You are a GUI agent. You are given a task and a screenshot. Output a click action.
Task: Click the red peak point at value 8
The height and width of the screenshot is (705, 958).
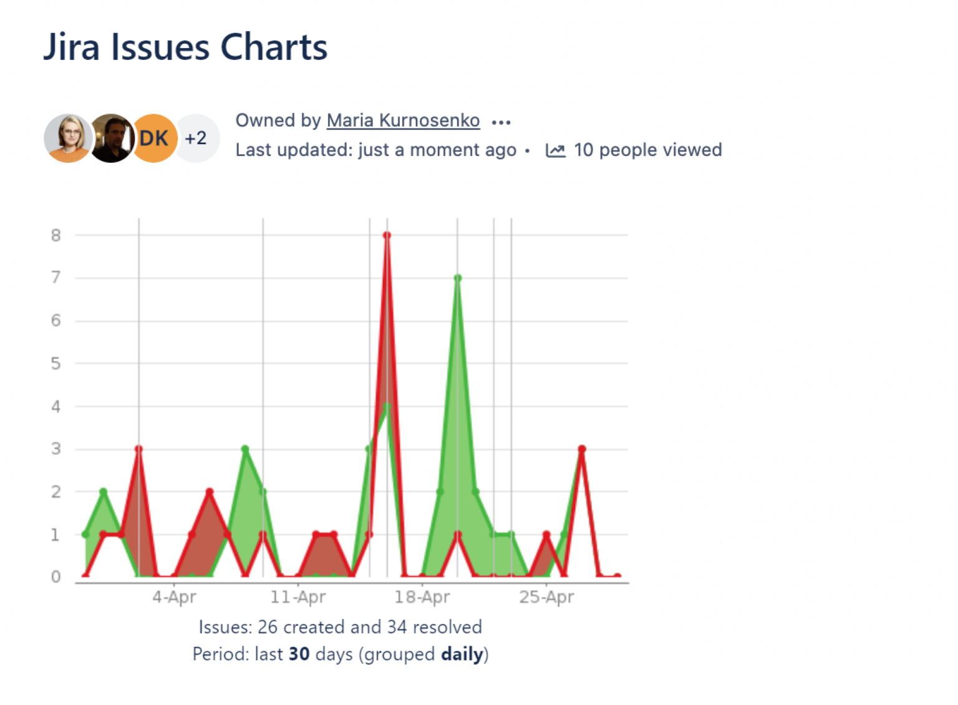pyautogui.click(x=387, y=235)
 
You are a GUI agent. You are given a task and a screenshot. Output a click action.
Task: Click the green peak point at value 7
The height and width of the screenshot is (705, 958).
pyautogui.click(x=457, y=278)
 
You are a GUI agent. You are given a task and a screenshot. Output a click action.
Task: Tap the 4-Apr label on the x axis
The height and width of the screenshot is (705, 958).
pyautogui.click(x=174, y=597)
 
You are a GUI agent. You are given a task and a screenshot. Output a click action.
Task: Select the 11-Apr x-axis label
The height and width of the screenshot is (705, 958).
pyautogui.click(x=298, y=597)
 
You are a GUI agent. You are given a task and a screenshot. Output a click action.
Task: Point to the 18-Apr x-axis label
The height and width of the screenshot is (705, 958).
pyautogui.click(x=422, y=597)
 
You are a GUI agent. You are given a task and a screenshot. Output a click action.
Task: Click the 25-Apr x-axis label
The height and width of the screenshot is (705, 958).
pyautogui.click(x=546, y=597)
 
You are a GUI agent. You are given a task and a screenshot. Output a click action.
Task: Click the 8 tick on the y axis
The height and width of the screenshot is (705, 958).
pyautogui.click(x=56, y=235)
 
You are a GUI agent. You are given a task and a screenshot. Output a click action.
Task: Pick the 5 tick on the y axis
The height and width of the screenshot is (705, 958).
pyautogui.click(x=56, y=364)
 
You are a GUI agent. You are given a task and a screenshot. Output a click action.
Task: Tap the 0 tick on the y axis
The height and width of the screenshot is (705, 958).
pyautogui.click(x=56, y=577)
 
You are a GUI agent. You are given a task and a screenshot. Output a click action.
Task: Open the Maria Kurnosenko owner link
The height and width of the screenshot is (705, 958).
pyautogui.click(x=403, y=120)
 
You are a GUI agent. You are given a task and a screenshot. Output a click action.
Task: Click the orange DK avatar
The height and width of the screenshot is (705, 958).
pyautogui.click(x=154, y=138)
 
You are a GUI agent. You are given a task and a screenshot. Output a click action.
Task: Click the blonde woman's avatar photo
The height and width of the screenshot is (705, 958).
pyautogui.click(x=68, y=138)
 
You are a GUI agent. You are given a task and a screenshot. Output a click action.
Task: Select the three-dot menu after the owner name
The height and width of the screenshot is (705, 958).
pyautogui.click(x=501, y=122)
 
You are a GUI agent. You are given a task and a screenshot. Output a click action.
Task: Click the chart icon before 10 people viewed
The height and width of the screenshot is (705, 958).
pyautogui.click(x=555, y=150)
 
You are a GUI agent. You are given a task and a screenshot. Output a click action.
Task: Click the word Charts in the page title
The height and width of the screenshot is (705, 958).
pyautogui.click(x=274, y=47)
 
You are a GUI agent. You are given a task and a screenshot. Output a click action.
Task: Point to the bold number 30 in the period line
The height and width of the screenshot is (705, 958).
pyautogui.click(x=299, y=654)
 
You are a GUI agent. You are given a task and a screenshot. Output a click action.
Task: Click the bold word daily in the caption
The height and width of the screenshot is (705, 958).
pyautogui.click(x=462, y=654)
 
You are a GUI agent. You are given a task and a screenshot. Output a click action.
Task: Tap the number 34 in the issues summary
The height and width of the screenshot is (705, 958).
pyautogui.click(x=397, y=626)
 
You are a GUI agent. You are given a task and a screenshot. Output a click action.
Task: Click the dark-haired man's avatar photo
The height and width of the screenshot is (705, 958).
pyautogui.click(x=111, y=138)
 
